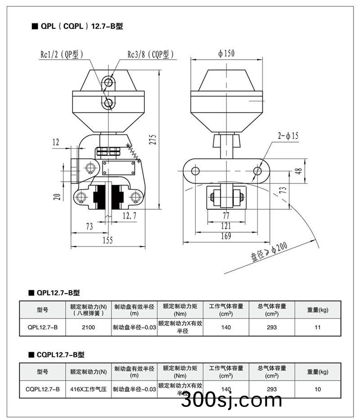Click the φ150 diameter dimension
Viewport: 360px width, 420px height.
[x=226, y=54]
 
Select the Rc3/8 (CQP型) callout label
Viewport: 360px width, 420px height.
[x=150, y=54]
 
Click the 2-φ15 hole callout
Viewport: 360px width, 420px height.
[x=288, y=135]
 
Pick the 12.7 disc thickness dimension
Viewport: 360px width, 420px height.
[x=130, y=216]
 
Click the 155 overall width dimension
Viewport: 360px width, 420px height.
[x=108, y=240]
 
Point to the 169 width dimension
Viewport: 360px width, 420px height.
[x=225, y=236]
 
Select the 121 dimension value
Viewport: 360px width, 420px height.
[x=225, y=226]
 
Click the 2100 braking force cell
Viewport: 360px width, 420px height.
[x=88, y=327]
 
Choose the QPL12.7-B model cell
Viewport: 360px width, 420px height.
[x=42, y=327]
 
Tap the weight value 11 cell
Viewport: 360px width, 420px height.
[x=318, y=327]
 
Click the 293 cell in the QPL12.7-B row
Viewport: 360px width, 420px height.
[x=272, y=327]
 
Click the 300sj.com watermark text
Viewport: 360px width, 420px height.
[x=231, y=400]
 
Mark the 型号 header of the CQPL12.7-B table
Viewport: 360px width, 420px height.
[x=42, y=372]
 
